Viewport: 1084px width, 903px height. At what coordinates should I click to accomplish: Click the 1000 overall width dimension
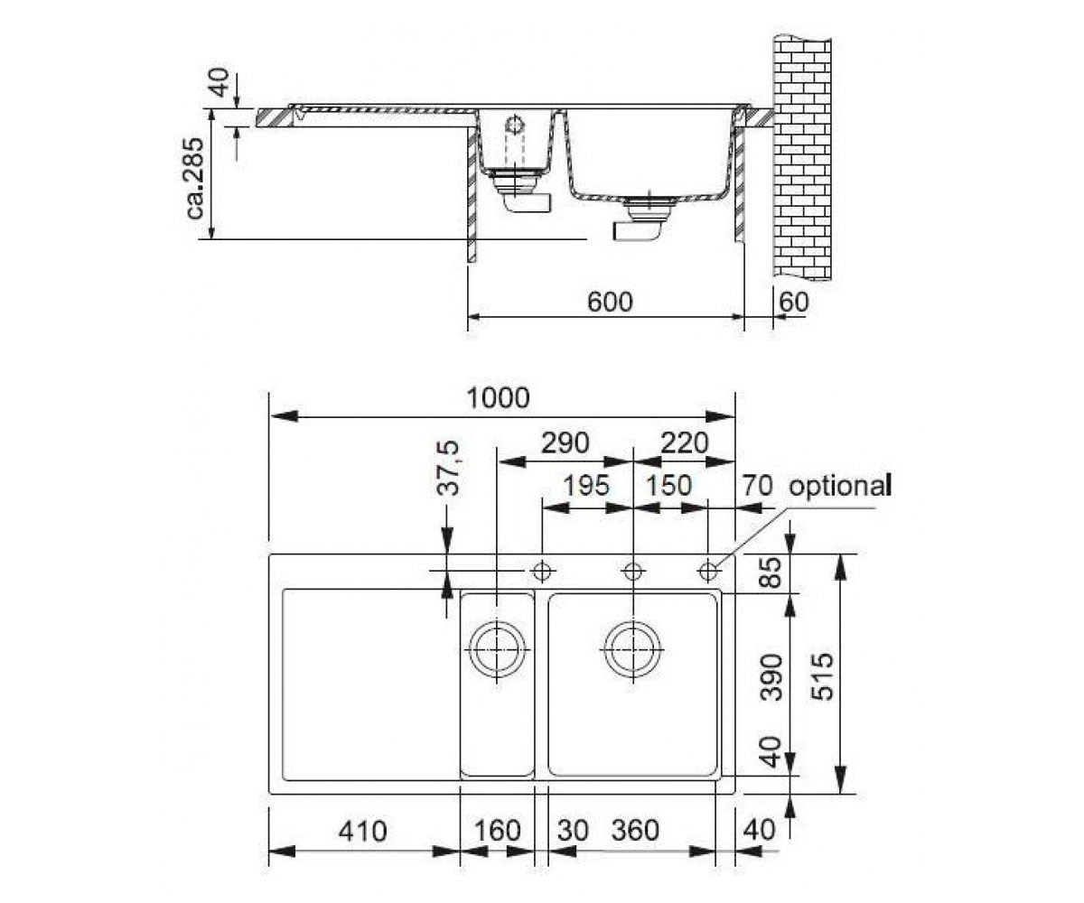click(x=499, y=398)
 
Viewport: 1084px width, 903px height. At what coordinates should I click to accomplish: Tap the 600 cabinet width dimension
click(x=610, y=302)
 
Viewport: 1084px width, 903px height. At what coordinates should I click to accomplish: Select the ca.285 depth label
click(x=195, y=178)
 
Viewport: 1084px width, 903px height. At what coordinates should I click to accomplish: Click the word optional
click(x=840, y=487)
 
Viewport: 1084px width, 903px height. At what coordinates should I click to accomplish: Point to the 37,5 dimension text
click(x=447, y=468)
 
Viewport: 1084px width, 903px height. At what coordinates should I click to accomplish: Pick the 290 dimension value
click(x=565, y=443)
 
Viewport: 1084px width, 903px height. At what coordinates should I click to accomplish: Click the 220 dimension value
click(x=685, y=443)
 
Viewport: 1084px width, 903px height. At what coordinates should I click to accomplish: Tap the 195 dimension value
click(x=586, y=487)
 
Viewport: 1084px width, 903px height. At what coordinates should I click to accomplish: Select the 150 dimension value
click(x=668, y=487)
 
